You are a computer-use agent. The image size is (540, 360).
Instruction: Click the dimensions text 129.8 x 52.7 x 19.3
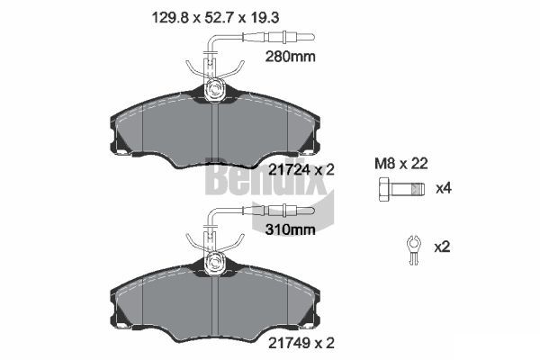pos(215,17)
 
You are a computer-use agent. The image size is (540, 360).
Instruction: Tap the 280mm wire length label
pos(290,57)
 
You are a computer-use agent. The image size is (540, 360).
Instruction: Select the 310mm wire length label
pos(290,229)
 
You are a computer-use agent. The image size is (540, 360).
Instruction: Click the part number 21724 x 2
pos(301,170)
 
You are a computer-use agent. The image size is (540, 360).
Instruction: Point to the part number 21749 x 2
pos(301,343)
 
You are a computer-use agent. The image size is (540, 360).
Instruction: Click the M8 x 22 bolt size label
pos(401,164)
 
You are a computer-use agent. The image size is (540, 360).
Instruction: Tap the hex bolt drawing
pos(401,189)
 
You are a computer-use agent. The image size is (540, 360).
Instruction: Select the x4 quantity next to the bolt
pos(443,188)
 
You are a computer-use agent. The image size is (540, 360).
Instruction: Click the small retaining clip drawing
pos(414,249)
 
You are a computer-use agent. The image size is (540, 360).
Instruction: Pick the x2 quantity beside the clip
pos(442,247)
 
